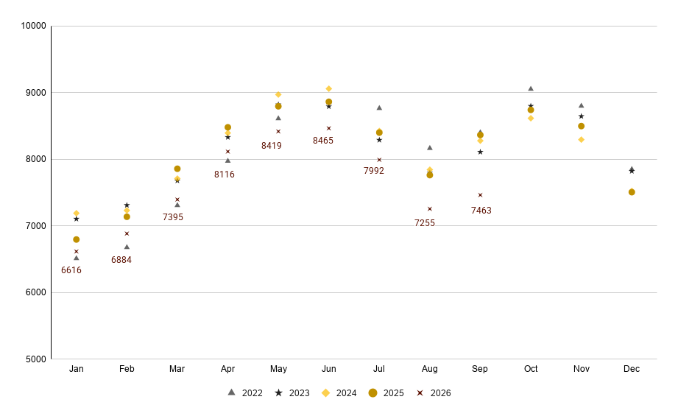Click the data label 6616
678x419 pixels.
71,270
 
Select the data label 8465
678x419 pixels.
323,141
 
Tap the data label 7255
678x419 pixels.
425,223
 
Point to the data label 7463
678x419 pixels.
481,211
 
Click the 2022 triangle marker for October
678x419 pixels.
531,88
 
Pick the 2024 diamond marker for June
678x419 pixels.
328,88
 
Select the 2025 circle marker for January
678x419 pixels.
76,239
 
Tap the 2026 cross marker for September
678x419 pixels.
480,195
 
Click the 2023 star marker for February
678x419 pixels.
127,205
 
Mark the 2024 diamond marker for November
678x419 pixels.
581,140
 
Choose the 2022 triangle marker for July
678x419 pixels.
379,108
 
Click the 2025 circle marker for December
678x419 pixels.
632,192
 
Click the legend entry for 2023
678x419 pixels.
292,393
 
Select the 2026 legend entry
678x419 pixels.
434,393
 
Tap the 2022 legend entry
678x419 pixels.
245,393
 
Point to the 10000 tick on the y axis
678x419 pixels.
33,26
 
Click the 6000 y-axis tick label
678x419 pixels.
35,293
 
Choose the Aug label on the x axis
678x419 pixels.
430,369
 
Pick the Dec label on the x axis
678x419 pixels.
632,369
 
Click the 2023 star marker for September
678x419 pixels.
480,152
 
